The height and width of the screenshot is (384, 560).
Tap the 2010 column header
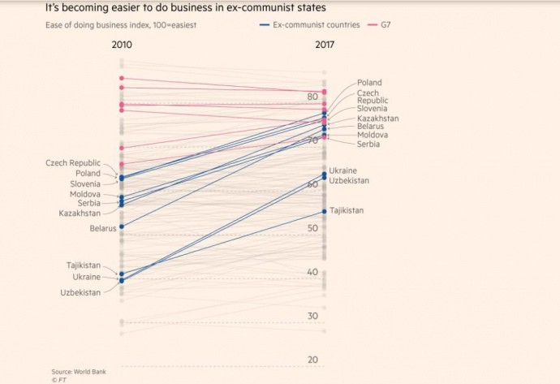(122, 45)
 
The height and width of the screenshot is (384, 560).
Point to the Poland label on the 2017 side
(369, 83)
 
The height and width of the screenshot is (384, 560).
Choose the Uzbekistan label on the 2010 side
(81, 292)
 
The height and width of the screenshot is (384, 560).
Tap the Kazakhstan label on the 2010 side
(80, 213)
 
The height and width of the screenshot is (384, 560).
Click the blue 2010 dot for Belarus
(122, 227)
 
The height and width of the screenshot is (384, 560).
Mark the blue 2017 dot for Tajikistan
(325, 211)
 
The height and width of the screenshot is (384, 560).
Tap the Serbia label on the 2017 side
(369, 144)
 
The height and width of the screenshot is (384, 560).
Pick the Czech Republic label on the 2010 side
(73, 163)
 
